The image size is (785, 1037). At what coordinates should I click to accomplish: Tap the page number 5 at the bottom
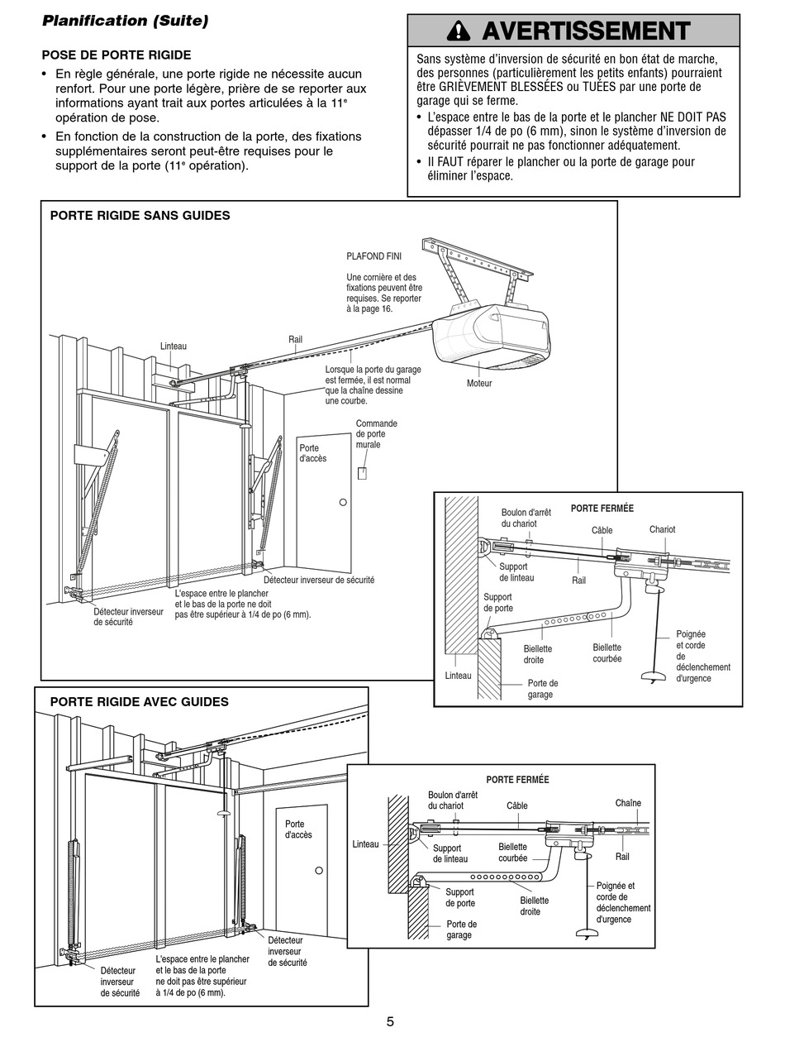390,1021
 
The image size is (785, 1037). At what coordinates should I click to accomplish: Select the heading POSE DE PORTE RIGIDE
116,55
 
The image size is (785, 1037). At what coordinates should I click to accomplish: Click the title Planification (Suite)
125,21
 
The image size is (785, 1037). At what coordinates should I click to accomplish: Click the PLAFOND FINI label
368,256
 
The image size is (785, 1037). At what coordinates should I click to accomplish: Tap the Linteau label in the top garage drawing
174,346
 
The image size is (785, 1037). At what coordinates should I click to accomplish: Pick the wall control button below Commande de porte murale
362,473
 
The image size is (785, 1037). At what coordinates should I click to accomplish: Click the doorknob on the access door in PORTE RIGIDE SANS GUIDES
343,502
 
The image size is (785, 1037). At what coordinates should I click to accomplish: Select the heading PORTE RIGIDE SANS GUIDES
140,216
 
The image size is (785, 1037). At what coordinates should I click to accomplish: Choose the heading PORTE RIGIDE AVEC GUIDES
139,702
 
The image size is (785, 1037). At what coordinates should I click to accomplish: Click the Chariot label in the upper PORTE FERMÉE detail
662,529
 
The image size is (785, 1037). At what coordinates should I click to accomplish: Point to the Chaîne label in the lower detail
628,803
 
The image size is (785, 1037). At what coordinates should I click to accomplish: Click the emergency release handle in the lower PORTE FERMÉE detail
586,934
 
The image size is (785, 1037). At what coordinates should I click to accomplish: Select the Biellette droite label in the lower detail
534,906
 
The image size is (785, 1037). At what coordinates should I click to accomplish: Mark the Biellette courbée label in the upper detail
607,653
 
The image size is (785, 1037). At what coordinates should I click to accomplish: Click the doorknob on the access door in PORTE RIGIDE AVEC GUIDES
317,871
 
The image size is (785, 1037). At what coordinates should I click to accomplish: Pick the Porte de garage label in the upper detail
542,689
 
